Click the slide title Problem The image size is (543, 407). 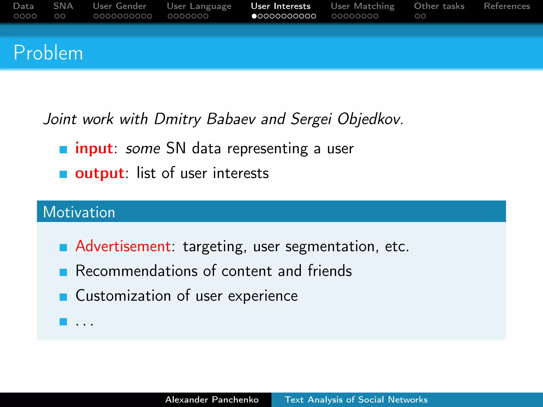(x=48, y=53)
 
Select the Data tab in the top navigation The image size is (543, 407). (x=23, y=6)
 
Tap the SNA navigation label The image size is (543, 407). (x=63, y=6)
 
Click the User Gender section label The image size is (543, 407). (x=120, y=6)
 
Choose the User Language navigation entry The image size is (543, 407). (x=199, y=6)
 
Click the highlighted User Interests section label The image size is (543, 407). (x=281, y=6)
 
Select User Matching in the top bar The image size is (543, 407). (x=363, y=6)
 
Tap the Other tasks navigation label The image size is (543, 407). (x=439, y=6)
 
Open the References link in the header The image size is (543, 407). (x=507, y=6)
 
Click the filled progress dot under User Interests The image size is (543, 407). (x=254, y=16)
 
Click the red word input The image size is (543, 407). (x=94, y=148)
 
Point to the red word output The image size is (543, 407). (x=100, y=173)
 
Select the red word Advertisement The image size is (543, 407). (x=123, y=246)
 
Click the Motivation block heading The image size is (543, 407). (x=79, y=212)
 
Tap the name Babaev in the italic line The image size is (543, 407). (x=231, y=119)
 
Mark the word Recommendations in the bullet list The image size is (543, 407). (x=137, y=271)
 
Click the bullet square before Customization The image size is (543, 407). (x=63, y=297)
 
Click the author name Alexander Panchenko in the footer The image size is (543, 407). (x=212, y=400)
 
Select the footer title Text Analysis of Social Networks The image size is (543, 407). (x=356, y=400)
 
